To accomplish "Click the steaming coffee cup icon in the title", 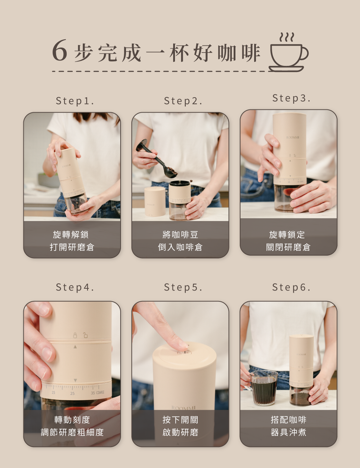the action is pyautogui.click(x=288, y=53).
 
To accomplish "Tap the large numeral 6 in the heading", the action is pyautogui.click(x=59, y=50).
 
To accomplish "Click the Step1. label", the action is pyautogui.click(x=75, y=101).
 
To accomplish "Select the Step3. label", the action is pyautogui.click(x=292, y=98).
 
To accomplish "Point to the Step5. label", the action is pyautogui.click(x=183, y=287).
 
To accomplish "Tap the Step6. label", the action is pyautogui.click(x=292, y=287).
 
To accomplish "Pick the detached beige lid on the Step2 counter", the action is pyautogui.click(x=155, y=202).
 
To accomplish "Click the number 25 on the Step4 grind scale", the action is pyautogui.click(x=72, y=393).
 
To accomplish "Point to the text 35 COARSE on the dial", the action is pyautogui.click(x=98, y=393).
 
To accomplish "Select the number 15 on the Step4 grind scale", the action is pyautogui.click(x=53, y=392).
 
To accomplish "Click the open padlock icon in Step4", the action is pyautogui.click(x=85, y=335).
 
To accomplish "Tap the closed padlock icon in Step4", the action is pyautogui.click(x=75, y=335).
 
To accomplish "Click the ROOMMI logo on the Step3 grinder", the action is pyautogui.click(x=293, y=138).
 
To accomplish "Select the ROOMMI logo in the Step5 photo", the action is pyautogui.click(x=184, y=408).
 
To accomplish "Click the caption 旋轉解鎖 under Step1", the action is pyautogui.click(x=71, y=234).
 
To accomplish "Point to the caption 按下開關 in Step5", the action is pyautogui.click(x=180, y=420).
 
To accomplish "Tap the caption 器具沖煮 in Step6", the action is pyautogui.click(x=288, y=432).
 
